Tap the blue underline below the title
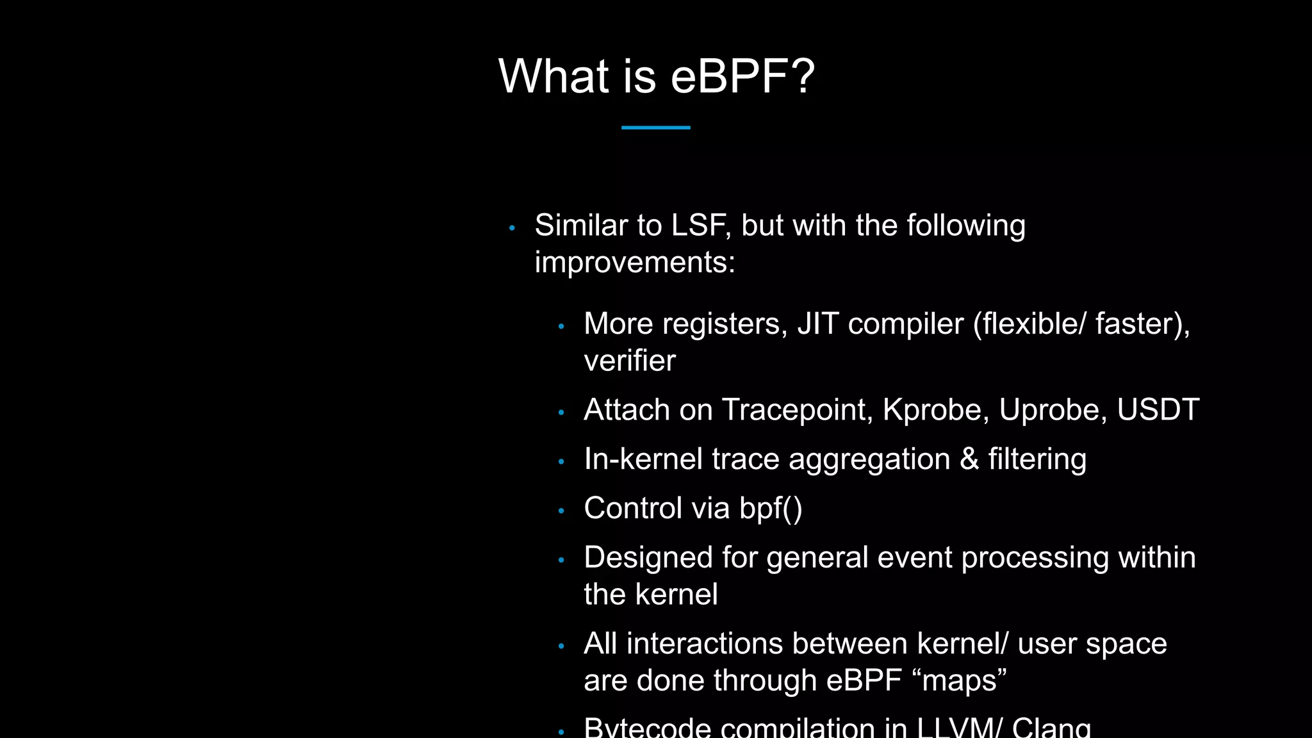pos(655,127)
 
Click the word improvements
pos(634,263)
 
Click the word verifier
pos(629,361)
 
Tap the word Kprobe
pos(931,410)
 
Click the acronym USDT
pos(1158,410)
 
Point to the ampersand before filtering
pos(969,459)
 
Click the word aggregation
pos(869,460)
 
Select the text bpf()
pos(770,509)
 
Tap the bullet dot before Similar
pos(512,228)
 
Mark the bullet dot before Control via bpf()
pos(561,511)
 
